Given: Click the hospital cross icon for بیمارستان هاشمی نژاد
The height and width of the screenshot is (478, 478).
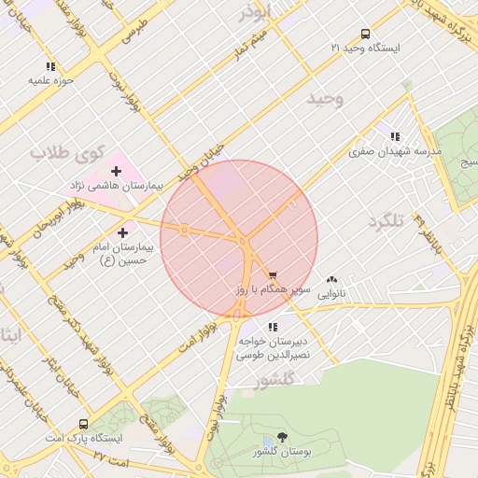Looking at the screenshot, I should [x=116, y=171].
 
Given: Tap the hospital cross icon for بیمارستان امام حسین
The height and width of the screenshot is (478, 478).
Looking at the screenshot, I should [x=122, y=232].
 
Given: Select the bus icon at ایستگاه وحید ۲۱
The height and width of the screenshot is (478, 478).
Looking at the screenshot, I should [x=364, y=34].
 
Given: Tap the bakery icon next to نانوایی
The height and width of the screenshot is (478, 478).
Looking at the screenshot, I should [x=332, y=279].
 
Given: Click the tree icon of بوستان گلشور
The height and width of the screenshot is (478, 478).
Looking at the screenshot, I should [x=283, y=437].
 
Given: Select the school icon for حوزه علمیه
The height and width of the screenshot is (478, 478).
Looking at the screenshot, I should [x=50, y=66].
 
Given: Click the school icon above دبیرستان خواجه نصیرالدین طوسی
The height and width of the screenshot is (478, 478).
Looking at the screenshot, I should [x=273, y=327].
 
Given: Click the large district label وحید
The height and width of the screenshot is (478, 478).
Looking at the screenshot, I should [x=326, y=97].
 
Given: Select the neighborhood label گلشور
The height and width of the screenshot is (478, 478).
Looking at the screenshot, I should [x=274, y=379].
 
